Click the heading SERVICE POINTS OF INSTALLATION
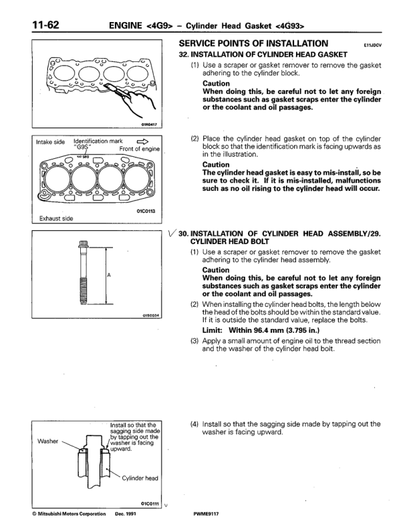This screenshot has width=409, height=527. [254, 43]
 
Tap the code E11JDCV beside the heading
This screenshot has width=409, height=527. [372, 45]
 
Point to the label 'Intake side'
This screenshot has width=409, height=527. [50, 142]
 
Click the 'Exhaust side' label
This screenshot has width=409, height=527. [57, 218]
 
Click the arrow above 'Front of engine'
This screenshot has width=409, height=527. [142, 141]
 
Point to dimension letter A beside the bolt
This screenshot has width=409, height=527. [109, 275]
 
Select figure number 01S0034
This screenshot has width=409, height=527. [151, 315]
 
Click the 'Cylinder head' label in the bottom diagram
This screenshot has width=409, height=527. [139, 478]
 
